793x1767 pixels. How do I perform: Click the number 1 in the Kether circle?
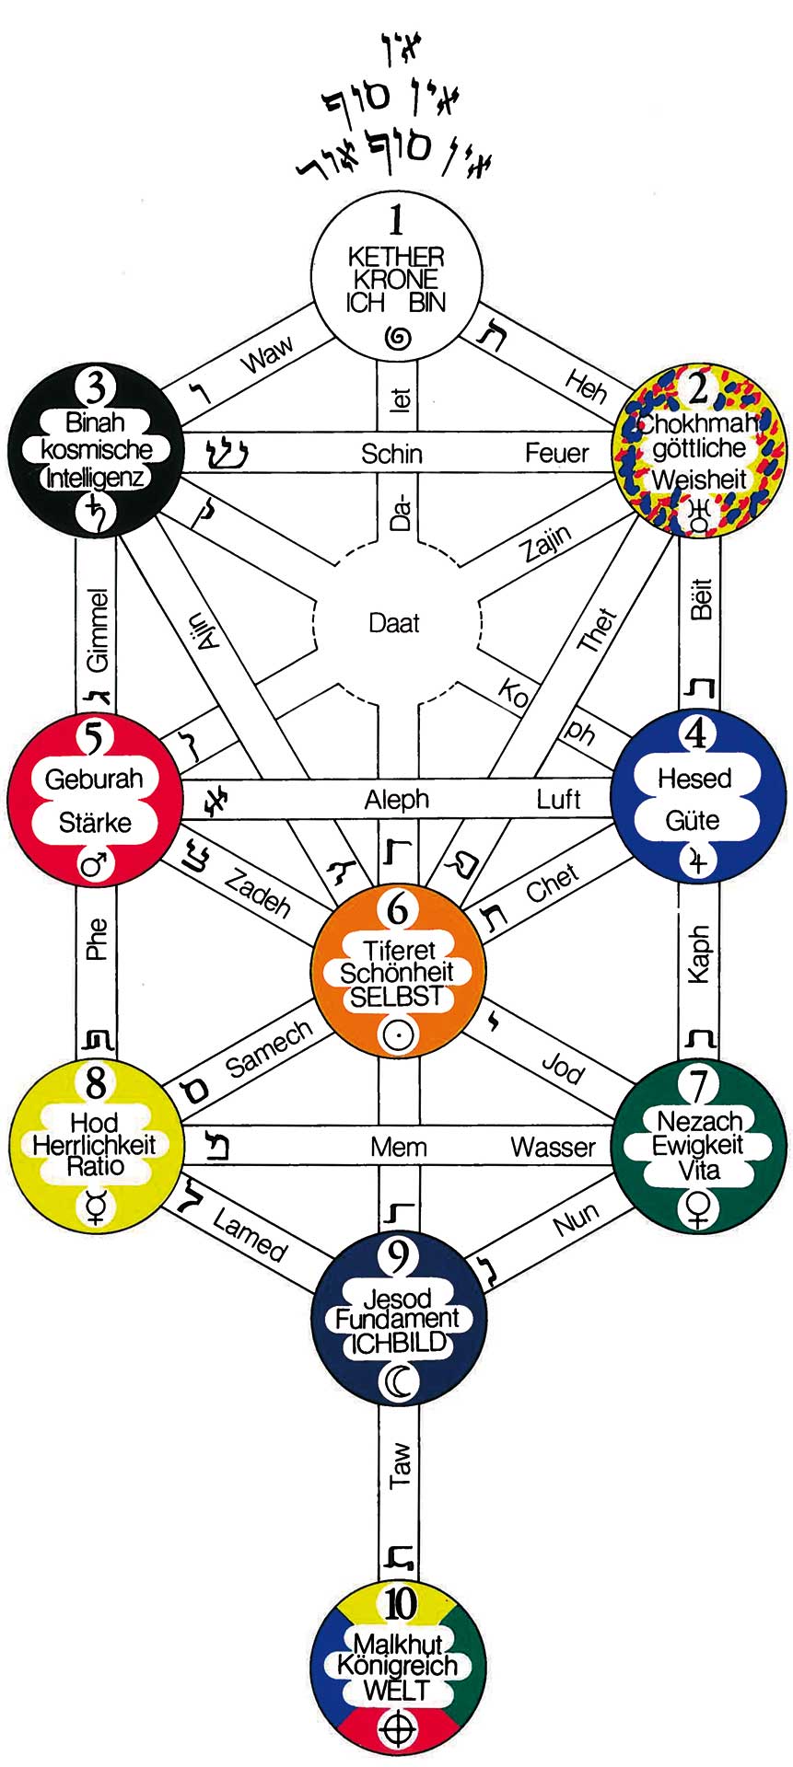[x=397, y=221]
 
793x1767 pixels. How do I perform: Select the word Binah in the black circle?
[x=95, y=424]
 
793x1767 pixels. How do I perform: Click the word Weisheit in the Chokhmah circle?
[x=699, y=479]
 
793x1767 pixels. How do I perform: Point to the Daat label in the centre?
[x=394, y=623]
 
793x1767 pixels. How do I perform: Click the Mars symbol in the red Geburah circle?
[x=95, y=865]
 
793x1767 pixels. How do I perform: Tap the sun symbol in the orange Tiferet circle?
[x=397, y=1034]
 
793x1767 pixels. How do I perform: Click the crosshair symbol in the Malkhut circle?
[x=399, y=1728]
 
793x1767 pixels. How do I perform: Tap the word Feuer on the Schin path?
[x=556, y=453]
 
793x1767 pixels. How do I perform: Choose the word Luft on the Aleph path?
[x=559, y=799]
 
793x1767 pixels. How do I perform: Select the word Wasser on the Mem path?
[x=554, y=1147]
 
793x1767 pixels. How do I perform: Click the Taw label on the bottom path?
[x=400, y=1465]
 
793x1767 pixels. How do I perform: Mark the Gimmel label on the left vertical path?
[x=97, y=630]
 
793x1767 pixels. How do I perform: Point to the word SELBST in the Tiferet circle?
[x=397, y=997]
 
